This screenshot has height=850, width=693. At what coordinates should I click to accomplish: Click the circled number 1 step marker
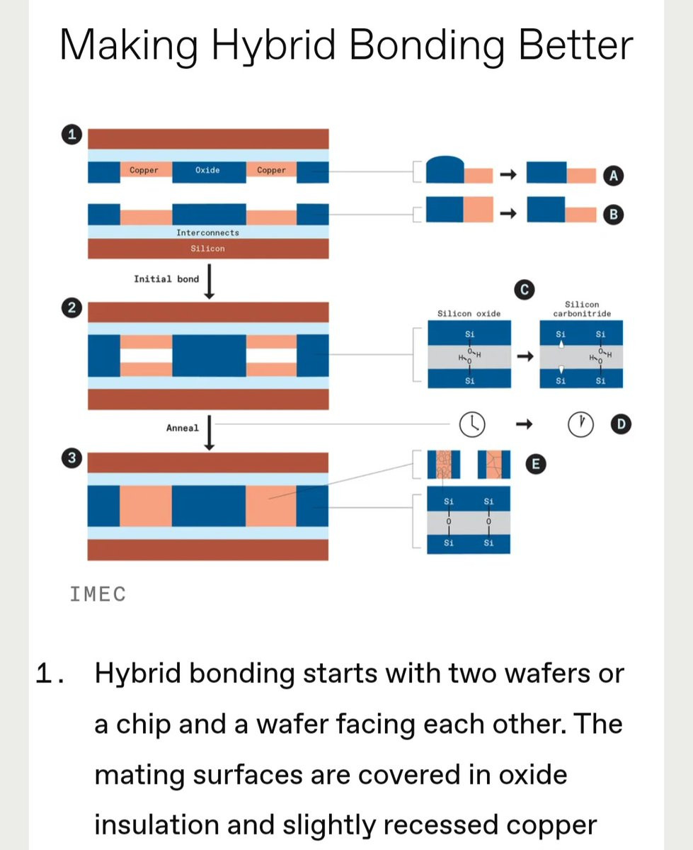[x=71, y=134]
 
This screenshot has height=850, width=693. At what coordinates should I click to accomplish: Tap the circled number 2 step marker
[x=71, y=308]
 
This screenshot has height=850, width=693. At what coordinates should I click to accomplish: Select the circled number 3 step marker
[x=71, y=458]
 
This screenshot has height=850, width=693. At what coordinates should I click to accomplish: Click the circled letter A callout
[x=613, y=176]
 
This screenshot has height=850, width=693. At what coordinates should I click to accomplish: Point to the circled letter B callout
[x=613, y=215]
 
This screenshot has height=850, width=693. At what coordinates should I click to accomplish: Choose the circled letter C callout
[x=525, y=290]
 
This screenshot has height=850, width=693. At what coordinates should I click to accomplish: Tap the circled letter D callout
[x=621, y=424]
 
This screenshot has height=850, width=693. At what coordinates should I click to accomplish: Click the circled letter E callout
[x=536, y=464]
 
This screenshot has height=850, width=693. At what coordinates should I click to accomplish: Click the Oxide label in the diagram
[x=207, y=170]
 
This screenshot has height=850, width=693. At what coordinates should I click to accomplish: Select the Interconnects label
[x=208, y=232]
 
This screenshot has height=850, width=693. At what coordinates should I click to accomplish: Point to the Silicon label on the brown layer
[x=208, y=248]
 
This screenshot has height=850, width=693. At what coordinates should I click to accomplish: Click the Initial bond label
[x=166, y=279]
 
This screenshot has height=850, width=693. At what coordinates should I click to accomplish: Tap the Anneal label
[x=183, y=428]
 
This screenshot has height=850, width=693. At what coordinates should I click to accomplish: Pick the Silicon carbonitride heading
[x=582, y=309]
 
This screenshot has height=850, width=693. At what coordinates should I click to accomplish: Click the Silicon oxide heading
[x=469, y=314]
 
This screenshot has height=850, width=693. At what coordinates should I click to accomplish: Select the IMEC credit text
[x=98, y=594]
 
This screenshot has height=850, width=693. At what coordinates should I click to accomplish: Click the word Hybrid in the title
[x=273, y=45]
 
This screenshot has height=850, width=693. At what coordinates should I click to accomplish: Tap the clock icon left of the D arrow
[x=472, y=424]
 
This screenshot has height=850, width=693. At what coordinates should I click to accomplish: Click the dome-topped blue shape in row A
[x=445, y=169]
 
